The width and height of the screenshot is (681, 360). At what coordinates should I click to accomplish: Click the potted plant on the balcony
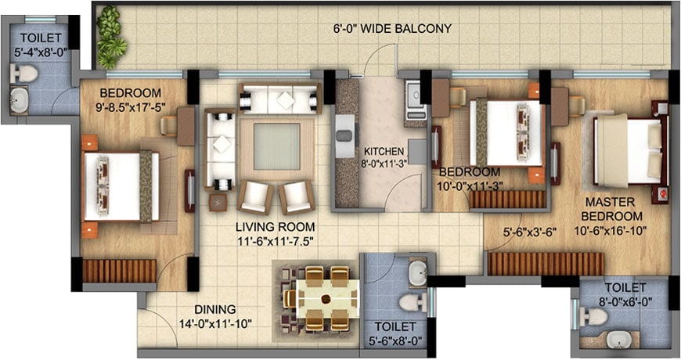pyautogui.click(x=110, y=37)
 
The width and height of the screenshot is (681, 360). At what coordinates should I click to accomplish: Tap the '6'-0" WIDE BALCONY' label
pyautogui.click(x=392, y=29)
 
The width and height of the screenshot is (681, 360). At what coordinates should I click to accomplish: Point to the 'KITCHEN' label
pyautogui.click(x=384, y=151)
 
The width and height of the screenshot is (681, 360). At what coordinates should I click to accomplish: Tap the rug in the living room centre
pyautogui.click(x=276, y=147)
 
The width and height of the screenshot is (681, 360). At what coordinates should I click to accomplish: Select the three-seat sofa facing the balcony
pyautogui.click(x=279, y=99)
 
